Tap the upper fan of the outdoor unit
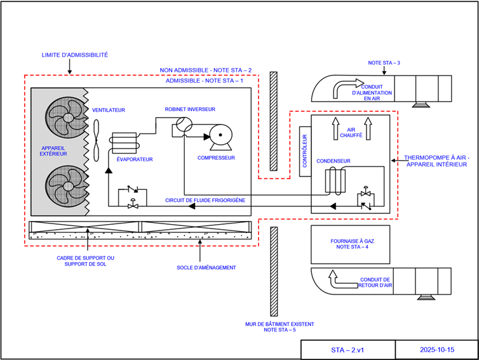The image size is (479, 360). coord(67,117)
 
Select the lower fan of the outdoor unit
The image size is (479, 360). coord(67,185)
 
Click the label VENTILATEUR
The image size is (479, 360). coord(109,110)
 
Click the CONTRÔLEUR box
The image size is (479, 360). coord(305,151)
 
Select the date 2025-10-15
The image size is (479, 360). coord(436,350)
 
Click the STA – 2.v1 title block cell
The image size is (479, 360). coord(347,350)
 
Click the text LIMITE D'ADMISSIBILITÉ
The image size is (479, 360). coord(74,55)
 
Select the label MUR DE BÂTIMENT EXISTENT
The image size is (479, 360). coord(280,324)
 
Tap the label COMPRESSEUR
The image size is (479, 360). coord(216,157)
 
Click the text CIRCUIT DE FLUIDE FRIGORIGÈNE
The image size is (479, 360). coord(205,200)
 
